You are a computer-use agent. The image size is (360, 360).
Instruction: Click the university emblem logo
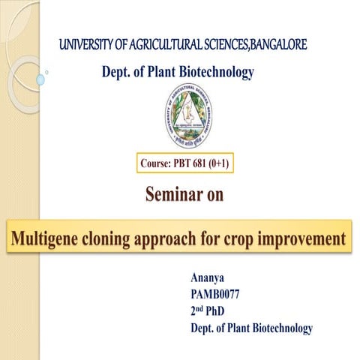[x=188, y=116]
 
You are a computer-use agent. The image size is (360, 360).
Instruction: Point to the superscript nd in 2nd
[x=202, y=308]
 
